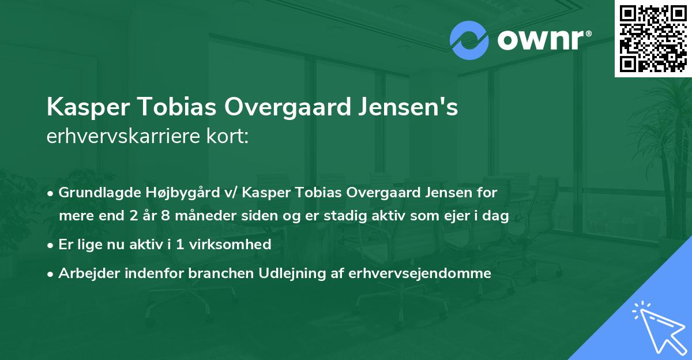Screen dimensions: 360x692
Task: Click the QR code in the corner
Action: tap(653, 38)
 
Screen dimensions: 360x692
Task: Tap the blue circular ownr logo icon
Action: tap(469, 40)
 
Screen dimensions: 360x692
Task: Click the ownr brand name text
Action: tap(543, 40)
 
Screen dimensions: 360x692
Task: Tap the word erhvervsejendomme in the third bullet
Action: tap(420, 273)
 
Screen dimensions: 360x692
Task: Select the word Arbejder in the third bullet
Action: tap(84, 273)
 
